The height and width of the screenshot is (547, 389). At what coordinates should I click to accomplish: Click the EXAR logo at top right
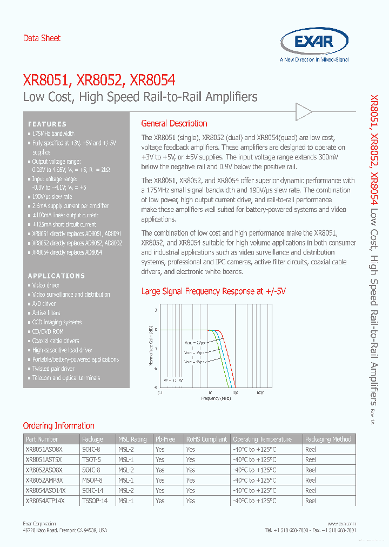[x=314, y=42]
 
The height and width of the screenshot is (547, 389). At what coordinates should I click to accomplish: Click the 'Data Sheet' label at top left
[x=42, y=38]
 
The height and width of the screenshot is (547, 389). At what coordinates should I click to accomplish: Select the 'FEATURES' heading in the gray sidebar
[x=48, y=124]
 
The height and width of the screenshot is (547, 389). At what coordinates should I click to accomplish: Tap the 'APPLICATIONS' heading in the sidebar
[x=56, y=276]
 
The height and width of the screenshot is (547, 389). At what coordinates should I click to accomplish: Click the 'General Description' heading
[x=174, y=123]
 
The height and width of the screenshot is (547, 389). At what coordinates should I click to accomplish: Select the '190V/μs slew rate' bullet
[x=52, y=197]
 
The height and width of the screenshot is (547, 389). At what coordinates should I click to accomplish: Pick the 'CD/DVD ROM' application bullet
[x=48, y=331]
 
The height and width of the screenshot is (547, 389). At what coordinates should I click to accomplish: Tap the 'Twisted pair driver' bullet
[x=53, y=369]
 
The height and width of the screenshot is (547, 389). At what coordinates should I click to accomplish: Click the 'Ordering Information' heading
[x=58, y=425]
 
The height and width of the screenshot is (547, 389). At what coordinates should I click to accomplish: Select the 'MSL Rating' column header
[x=132, y=439]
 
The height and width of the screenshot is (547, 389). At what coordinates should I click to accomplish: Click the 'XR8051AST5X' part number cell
[x=44, y=459]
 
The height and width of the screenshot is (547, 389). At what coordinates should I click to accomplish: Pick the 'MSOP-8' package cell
[x=92, y=480]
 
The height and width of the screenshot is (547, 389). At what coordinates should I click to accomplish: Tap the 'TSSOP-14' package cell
[x=95, y=501]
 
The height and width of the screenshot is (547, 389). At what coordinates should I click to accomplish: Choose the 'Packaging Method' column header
[x=328, y=439]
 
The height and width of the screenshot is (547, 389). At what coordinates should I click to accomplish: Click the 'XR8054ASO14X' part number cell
[x=45, y=490]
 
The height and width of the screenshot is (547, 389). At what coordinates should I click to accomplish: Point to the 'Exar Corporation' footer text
[x=39, y=524]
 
